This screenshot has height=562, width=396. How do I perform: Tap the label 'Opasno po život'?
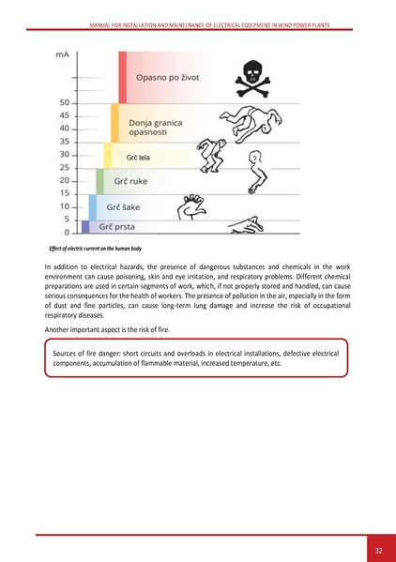pyautogui.click(x=172, y=77)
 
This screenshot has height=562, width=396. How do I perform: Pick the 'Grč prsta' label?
pyautogui.click(x=119, y=226)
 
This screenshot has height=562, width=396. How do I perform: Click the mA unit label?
pyautogui.click(x=63, y=55)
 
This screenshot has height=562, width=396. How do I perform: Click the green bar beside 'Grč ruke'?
pyautogui.click(x=100, y=181)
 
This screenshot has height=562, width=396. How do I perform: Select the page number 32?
pyautogui.click(x=378, y=549)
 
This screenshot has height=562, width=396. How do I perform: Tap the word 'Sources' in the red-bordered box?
pyautogui.click(x=69, y=353)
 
